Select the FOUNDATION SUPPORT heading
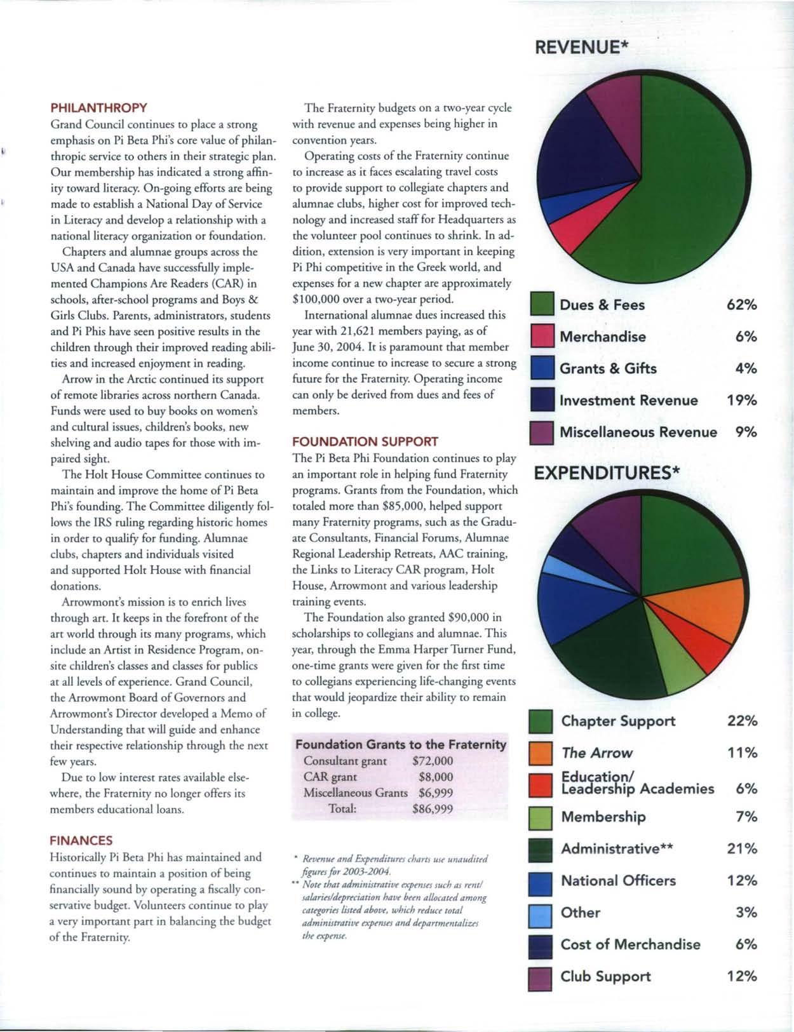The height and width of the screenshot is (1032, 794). pyautogui.click(x=365, y=441)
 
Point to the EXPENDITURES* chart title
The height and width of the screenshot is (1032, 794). pyautogui.click(x=607, y=473)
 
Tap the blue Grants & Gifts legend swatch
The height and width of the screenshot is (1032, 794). pyautogui.click(x=543, y=369)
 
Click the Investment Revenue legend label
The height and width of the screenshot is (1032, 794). pyautogui.click(x=628, y=401)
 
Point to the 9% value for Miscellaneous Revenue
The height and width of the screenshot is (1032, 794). pyautogui.click(x=746, y=432)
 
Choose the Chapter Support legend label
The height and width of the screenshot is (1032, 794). pyautogui.click(x=618, y=721)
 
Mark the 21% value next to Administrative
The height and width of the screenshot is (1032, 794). pyautogui.click(x=742, y=849)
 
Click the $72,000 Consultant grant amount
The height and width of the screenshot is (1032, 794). pyautogui.click(x=432, y=761)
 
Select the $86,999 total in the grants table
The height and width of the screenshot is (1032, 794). pyautogui.click(x=432, y=809)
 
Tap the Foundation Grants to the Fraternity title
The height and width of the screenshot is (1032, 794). pyautogui.click(x=400, y=744)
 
